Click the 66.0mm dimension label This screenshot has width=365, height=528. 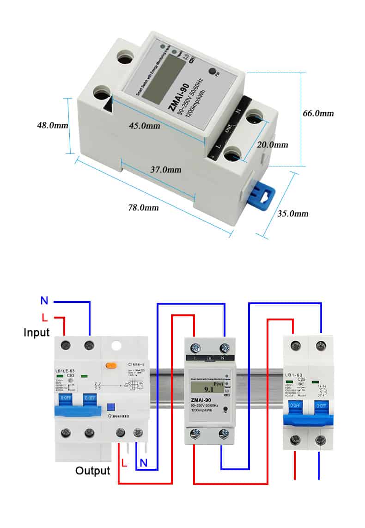point(318,113)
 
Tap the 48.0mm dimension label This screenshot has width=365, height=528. point(53,125)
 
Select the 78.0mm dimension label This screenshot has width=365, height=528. point(143,208)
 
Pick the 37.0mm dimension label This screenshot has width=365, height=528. point(166,170)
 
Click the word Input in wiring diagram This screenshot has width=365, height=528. point(36,332)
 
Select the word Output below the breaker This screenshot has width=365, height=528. point(93,471)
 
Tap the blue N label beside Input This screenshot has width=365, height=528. point(44,301)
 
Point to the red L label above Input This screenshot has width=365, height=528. point(45,317)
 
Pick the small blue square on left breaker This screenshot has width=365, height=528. point(110,406)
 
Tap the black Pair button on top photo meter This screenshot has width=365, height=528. point(213,72)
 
